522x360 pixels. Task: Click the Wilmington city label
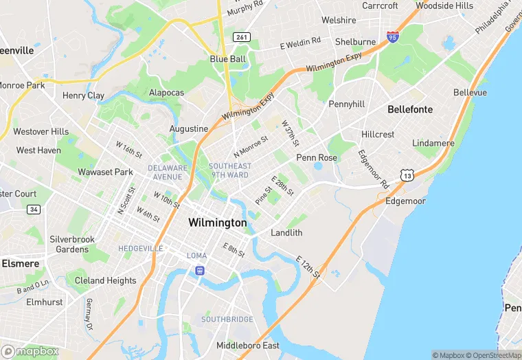[217, 223]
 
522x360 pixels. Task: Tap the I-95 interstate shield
[392, 37]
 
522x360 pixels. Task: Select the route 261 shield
[240, 36]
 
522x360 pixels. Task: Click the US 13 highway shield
[408, 177]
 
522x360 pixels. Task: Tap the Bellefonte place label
[410, 109]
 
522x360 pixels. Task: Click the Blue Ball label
[227, 59]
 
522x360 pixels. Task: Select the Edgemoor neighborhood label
[406, 201]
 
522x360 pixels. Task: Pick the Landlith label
[286, 233]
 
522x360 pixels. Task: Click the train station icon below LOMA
[199, 271]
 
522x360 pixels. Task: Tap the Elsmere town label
[20, 263]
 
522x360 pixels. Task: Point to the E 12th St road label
[308, 267]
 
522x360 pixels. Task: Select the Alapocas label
[166, 92]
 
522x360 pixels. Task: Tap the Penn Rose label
[317, 157]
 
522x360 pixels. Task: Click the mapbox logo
[31, 350]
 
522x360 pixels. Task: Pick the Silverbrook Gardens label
[72, 244]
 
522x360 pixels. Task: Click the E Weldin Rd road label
[300, 43]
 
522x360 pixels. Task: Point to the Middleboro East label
[248, 345]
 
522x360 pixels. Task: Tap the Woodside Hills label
[444, 5]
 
